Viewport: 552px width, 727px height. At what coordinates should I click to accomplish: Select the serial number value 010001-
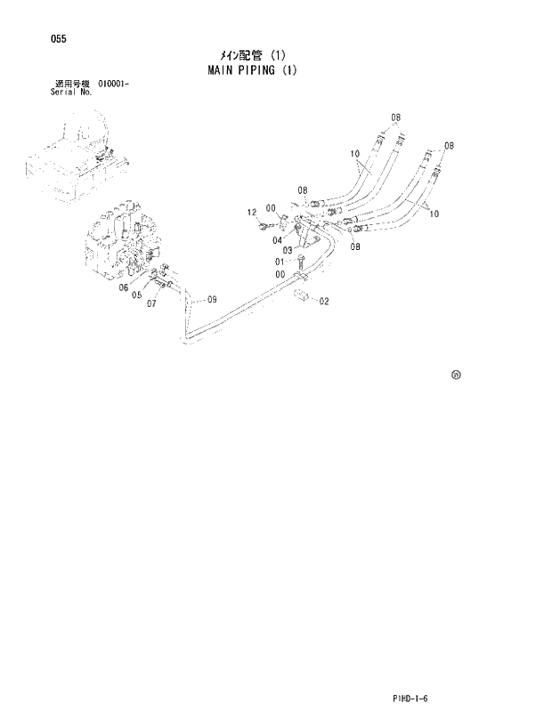click(108, 84)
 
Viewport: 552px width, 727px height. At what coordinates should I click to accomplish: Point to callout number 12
click(252, 212)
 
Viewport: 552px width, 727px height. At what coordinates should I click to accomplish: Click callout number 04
click(278, 238)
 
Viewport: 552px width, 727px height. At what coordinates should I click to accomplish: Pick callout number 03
click(288, 250)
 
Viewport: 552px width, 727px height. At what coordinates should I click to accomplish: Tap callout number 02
click(323, 301)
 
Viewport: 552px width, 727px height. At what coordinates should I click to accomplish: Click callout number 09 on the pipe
click(212, 300)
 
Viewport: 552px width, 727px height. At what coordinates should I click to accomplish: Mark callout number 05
click(137, 295)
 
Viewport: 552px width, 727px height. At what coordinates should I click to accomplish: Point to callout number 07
click(152, 303)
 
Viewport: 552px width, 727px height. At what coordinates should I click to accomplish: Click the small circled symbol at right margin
click(456, 376)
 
